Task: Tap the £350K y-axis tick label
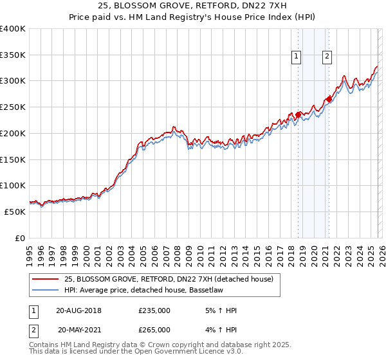13,55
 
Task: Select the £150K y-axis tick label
13,159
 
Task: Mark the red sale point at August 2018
298,115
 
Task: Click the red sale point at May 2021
329,99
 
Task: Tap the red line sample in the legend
46,279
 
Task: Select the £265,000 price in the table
154,329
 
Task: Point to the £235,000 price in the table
154,311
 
